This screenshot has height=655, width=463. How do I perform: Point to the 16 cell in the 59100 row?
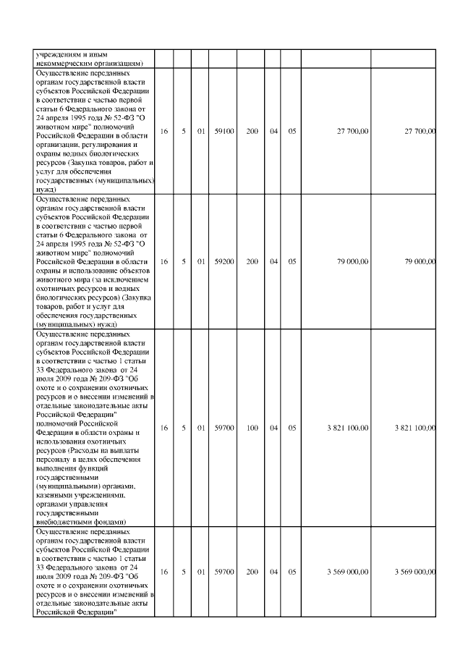click(164, 131)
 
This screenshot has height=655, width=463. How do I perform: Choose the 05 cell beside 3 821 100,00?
click(292, 428)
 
